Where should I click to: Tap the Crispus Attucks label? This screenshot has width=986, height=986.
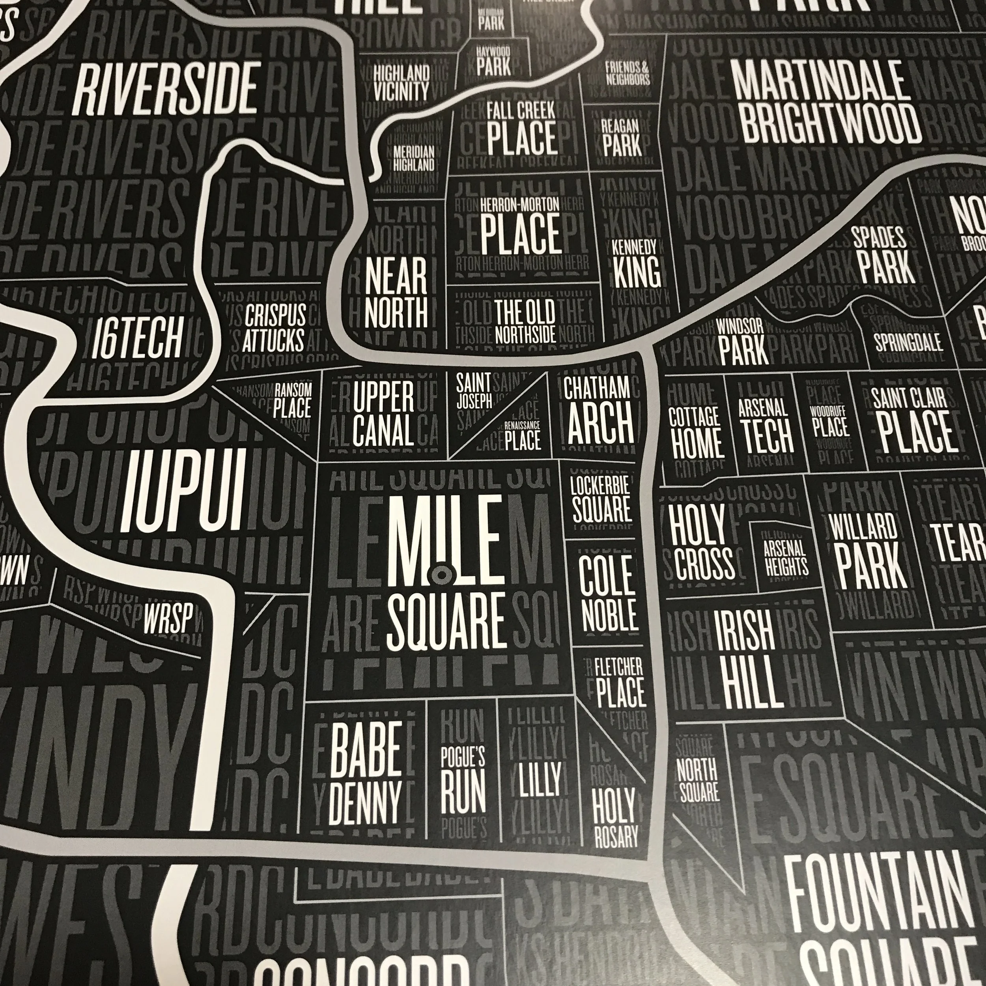coord(274,327)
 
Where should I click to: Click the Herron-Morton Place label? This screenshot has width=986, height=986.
coord(520,226)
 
